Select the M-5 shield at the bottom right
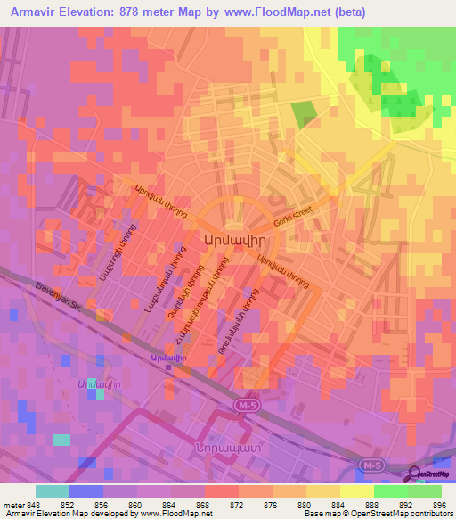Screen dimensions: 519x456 375,465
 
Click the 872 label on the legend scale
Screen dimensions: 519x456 238,506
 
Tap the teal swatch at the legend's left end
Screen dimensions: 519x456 52,491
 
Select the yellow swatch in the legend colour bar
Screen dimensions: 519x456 356,491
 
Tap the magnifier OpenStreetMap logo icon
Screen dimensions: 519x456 414,473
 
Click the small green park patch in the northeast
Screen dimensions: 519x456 303,113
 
